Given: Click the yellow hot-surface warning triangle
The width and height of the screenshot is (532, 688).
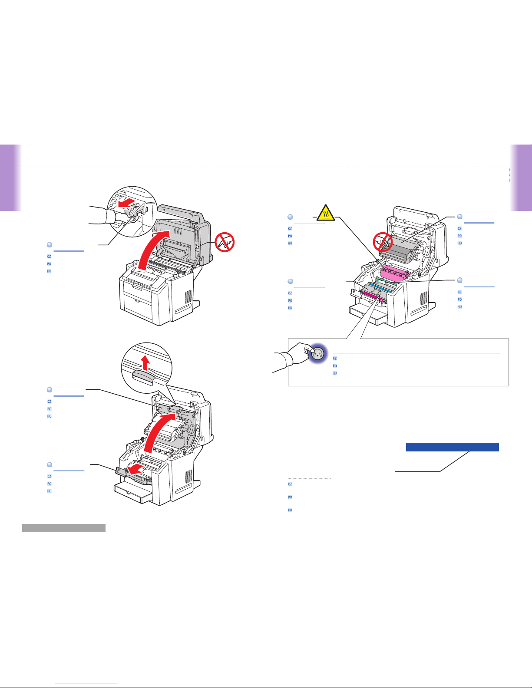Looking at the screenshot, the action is point(326,213).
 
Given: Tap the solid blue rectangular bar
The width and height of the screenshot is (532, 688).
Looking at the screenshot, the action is point(452,447).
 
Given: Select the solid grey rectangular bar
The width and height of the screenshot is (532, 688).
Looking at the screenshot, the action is point(64,528).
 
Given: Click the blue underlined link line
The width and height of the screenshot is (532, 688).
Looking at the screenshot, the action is point(86,684).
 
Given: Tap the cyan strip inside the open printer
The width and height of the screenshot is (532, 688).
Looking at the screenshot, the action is point(383,288).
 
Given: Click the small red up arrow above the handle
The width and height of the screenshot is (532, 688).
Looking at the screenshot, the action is point(145,363).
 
